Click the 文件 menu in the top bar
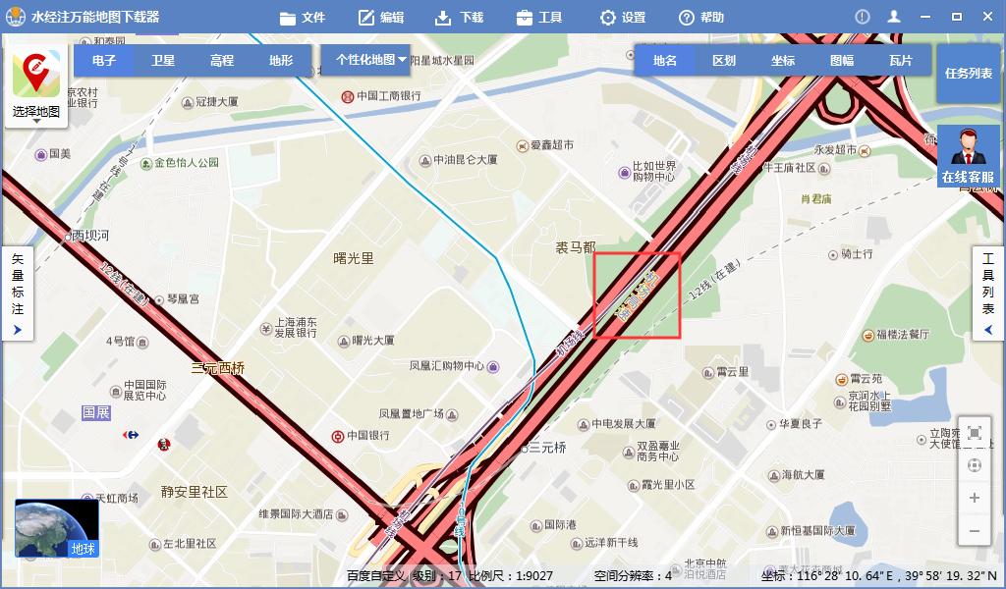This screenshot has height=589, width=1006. [302, 18]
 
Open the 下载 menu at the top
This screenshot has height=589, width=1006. [459, 18]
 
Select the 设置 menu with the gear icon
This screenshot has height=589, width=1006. [623, 18]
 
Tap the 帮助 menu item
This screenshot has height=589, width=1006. [701, 18]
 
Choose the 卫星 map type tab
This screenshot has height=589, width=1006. [163, 60]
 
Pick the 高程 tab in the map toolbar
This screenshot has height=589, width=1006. [222, 60]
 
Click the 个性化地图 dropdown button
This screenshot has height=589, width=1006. [370, 60]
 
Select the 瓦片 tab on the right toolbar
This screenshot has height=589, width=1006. [900, 60]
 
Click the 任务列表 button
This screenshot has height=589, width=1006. [968, 74]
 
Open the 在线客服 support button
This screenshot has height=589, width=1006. [968, 157]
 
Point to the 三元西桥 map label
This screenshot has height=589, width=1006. [218, 368]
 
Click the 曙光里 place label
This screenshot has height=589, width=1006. [354, 258]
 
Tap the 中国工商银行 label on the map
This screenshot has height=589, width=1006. [388, 96]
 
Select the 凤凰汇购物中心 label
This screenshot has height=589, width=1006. [447, 366]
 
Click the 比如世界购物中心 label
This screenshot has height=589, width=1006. [653, 172]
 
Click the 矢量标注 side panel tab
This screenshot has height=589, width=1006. [17, 294]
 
